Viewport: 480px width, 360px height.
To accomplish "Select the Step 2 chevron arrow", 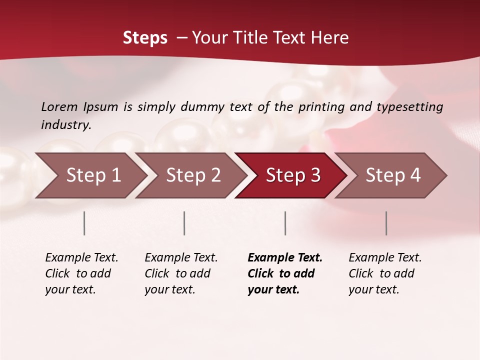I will [x=193, y=175].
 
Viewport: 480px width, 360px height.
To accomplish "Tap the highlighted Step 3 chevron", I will [x=293, y=175].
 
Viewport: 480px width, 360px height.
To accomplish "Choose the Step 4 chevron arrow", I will [x=393, y=175].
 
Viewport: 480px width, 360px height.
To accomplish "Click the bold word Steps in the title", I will [x=145, y=37].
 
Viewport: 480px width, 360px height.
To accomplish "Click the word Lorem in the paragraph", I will [x=59, y=106].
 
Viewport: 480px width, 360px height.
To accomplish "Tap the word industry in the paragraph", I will [x=66, y=124].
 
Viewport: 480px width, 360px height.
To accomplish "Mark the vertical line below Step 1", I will [x=84, y=223].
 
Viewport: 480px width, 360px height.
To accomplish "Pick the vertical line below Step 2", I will [x=184, y=223].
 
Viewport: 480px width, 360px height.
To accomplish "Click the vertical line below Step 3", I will [x=285, y=223].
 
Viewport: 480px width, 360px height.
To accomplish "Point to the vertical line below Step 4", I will [x=386, y=223].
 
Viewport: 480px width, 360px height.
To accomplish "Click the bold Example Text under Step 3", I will [x=285, y=258].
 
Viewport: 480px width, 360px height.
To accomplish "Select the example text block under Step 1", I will [x=81, y=273].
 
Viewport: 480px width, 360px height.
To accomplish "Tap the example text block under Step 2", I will [x=181, y=273].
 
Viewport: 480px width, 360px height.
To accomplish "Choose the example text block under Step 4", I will [x=385, y=273].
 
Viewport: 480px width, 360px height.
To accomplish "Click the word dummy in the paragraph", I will [x=202, y=106].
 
